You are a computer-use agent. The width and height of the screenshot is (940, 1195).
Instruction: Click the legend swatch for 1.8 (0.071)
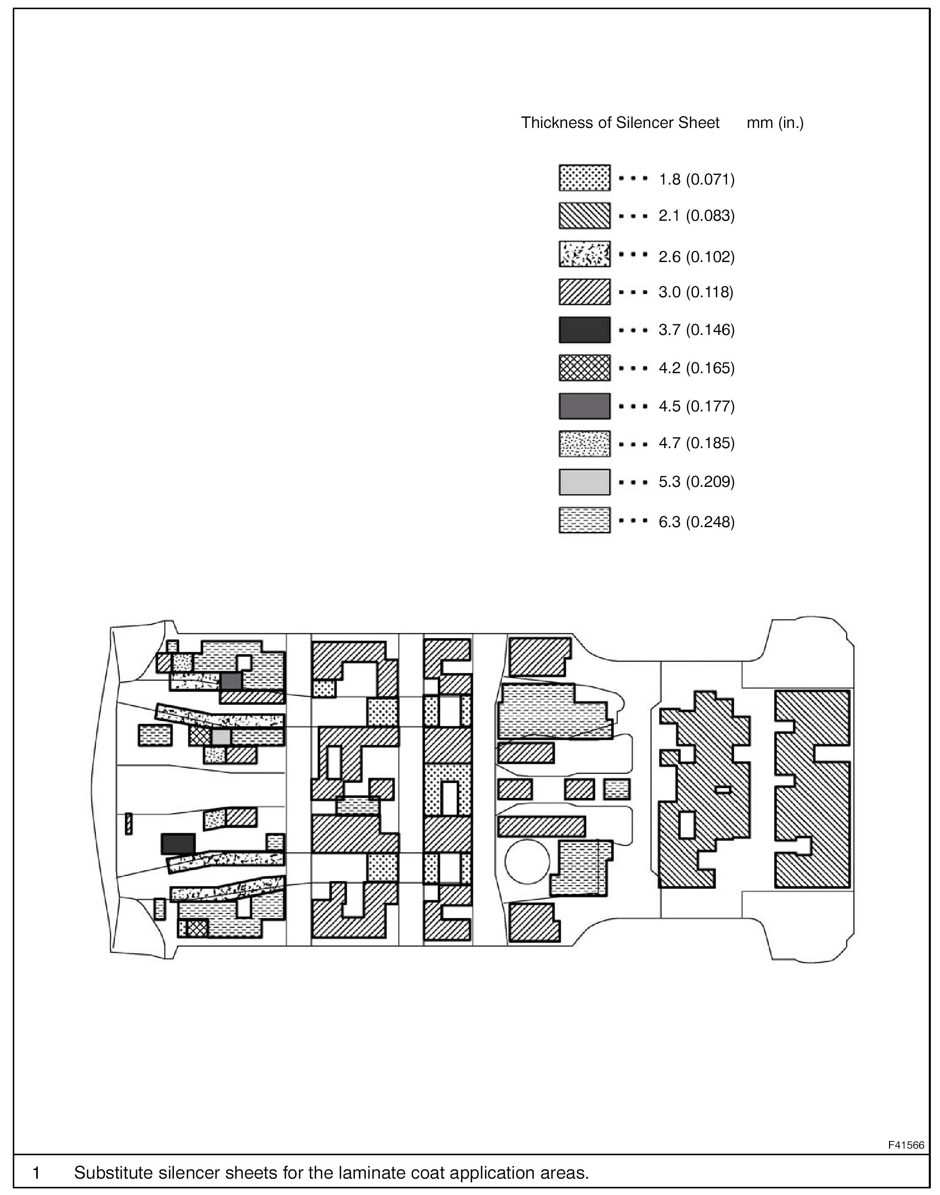click(585, 178)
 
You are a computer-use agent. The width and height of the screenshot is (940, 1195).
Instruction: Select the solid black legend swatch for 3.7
click(585, 330)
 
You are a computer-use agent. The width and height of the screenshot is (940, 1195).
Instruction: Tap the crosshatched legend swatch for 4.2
click(585, 368)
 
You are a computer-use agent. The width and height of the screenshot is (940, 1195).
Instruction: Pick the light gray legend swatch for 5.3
click(585, 482)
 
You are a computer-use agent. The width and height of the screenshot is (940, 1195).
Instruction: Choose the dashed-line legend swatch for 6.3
click(585, 520)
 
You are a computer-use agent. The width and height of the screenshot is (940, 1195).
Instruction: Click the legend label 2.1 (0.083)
click(697, 216)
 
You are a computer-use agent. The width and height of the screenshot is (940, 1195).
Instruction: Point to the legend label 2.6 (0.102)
click(697, 257)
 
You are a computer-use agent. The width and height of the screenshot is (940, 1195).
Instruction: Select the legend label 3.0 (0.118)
click(696, 292)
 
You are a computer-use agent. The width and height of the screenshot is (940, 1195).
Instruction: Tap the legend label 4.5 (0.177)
click(697, 406)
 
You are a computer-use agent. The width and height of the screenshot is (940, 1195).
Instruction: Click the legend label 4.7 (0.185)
click(697, 443)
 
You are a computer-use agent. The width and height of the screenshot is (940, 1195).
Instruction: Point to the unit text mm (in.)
click(775, 123)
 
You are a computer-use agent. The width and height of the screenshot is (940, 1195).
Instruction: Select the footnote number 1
click(36, 1173)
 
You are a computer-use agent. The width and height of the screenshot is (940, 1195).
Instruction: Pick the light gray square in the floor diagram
click(221, 738)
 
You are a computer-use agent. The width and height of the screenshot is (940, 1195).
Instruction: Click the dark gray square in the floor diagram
click(231, 681)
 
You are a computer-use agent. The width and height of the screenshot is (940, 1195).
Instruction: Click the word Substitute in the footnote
click(114, 1173)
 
